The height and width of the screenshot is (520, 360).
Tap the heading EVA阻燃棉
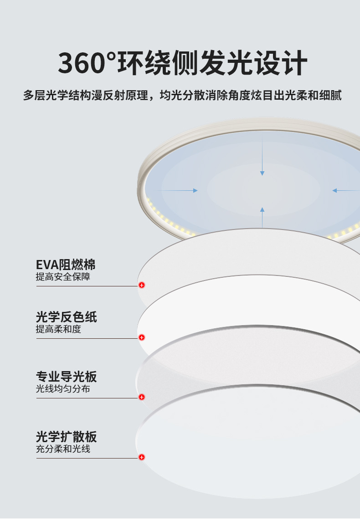[x=66, y=265]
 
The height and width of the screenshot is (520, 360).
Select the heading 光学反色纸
[x=66, y=317]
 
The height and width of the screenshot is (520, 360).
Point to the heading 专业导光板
[x=66, y=377]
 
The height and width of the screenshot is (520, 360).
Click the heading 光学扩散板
[x=66, y=437]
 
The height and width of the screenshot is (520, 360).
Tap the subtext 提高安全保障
[x=63, y=277]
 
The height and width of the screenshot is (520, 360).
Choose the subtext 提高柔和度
[x=58, y=329]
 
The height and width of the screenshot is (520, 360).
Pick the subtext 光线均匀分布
[x=63, y=389]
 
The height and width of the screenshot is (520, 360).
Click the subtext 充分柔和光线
[x=63, y=449]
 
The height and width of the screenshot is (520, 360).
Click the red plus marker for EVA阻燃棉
[x=142, y=285]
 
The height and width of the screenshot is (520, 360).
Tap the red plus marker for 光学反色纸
[x=142, y=337]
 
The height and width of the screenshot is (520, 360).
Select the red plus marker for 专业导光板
[x=142, y=397]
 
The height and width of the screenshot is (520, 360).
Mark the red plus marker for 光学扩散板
[x=142, y=457]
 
